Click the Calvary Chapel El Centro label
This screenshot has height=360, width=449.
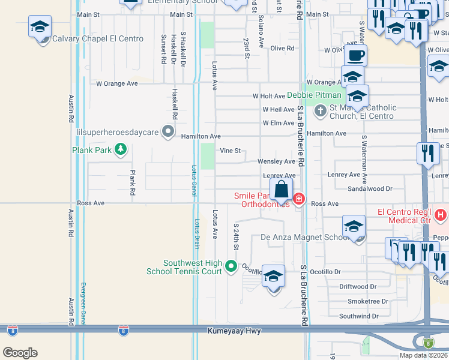pos(98,39)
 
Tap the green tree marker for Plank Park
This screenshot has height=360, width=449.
pos(121,149)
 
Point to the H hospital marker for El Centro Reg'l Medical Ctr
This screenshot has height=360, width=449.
pos(441,214)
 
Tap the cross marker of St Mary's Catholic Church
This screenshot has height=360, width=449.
pos(321,110)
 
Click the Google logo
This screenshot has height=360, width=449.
pos(20,353)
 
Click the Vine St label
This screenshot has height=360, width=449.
pos(230,151)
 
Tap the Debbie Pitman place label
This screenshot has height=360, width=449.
pos(314,95)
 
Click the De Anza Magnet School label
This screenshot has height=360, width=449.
pos(305,237)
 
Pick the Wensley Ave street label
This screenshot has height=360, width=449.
pos(276,161)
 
